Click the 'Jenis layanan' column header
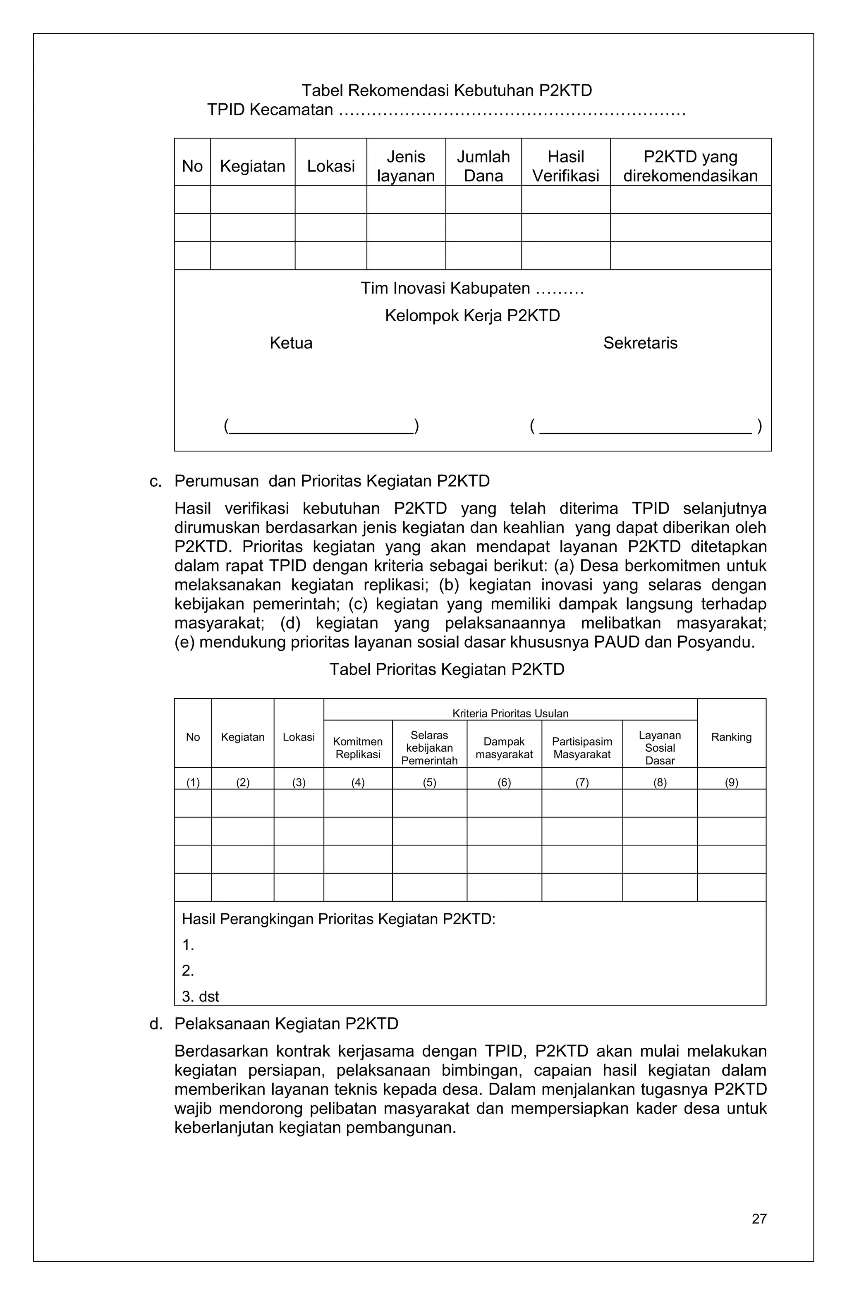tap(406, 166)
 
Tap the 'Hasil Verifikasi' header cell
tap(566, 166)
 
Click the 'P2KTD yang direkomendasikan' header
tap(690, 166)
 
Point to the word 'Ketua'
tap(291, 343)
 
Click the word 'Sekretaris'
tap(640, 343)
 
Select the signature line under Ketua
tap(321, 432)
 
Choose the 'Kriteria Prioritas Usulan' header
tap(510, 713)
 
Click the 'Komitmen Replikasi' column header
tap(358, 748)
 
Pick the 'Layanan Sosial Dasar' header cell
tap(660, 748)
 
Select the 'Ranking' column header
tap(731, 737)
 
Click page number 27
tap(759, 1219)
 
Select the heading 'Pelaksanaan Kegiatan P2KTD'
tap(286, 1024)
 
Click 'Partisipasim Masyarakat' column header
tap(582, 748)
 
